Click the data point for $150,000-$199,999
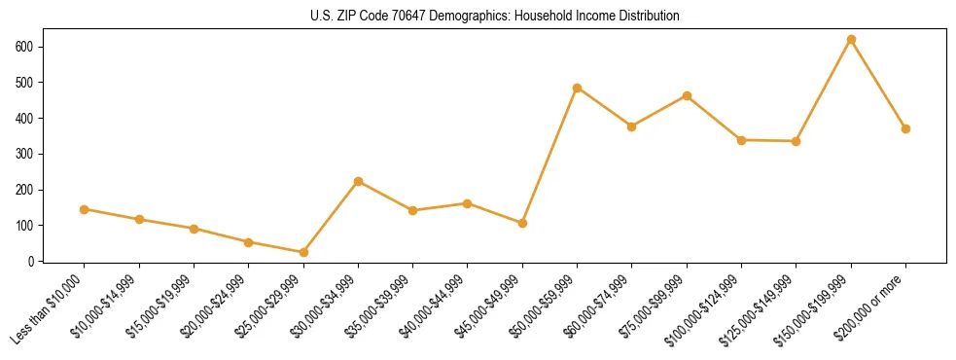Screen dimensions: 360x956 click(x=851, y=40)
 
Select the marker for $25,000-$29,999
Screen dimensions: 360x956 click(x=303, y=253)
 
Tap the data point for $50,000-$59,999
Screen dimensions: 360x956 click(x=578, y=88)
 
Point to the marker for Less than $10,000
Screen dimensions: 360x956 click(x=85, y=209)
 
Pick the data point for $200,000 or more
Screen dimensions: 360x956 click(x=905, y=128)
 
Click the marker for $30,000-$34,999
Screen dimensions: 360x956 click(x=358, y=181)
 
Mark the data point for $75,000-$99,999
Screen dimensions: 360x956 click(x=687, y=96)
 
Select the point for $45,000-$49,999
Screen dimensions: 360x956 click(x=522, y=223)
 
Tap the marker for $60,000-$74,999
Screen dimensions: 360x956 click(x=632, y=126)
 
